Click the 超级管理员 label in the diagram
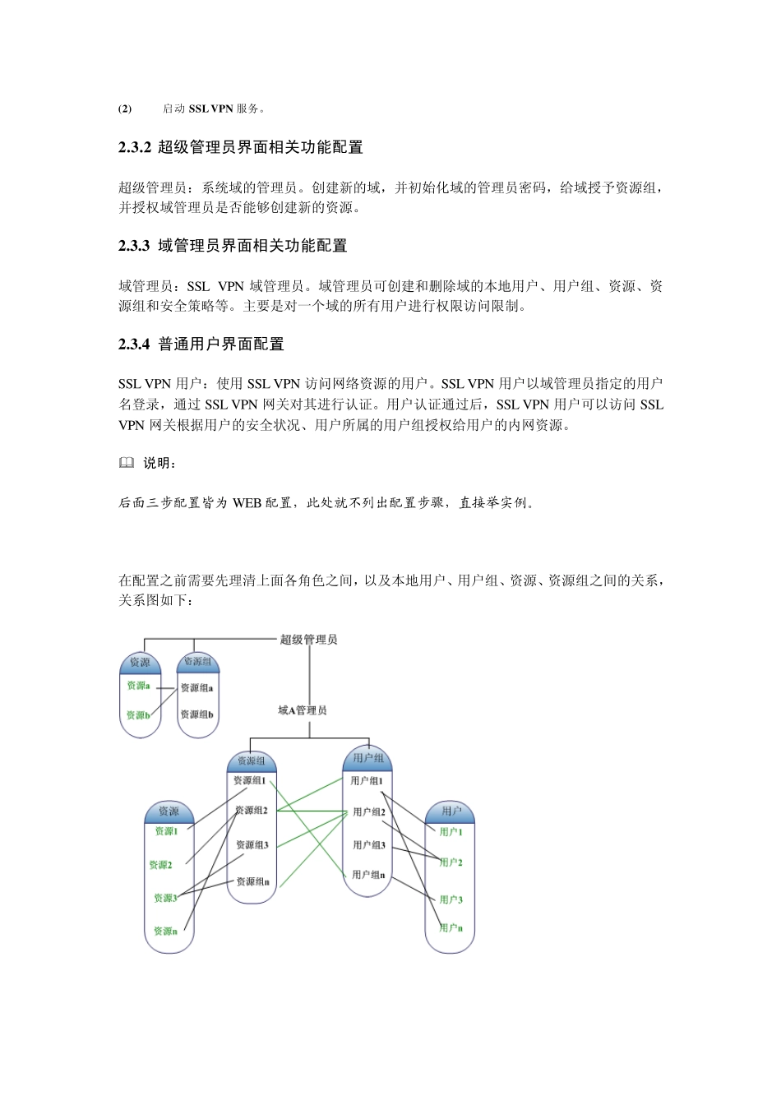click(308, 640)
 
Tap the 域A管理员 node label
click(303, 710)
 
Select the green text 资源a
click(138, 686)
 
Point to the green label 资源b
click(137, 715)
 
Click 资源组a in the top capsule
click(196, 688)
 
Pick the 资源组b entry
click(196, 714)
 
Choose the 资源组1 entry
click(249, 780)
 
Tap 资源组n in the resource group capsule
click(252, 881)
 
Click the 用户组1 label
click(367, 781)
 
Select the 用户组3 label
click(369, 845)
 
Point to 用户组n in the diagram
click(368, 875)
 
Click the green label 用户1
click(451, 832)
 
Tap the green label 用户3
click(451, 899)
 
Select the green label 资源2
click(160, 865)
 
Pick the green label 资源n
click(165, 932)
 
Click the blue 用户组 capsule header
click(367, 758)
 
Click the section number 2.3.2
click(134, 148)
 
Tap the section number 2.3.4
click(134, 344)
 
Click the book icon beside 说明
click(126, 463)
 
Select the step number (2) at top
click(125, 109)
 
